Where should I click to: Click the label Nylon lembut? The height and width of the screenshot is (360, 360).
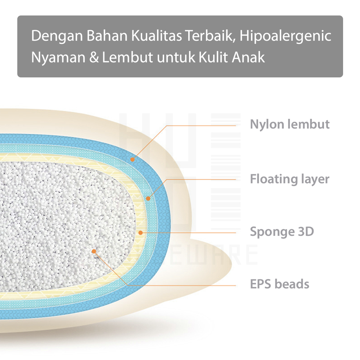coord(290,125)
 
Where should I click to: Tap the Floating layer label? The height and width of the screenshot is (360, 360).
coord(289,179)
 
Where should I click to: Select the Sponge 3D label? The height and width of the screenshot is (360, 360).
coord(282,231)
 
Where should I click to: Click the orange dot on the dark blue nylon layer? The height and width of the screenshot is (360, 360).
coord(132,159)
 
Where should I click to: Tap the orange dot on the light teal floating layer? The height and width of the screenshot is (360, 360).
coord(148,198)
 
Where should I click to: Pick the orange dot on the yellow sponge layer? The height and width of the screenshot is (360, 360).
coord(140,233)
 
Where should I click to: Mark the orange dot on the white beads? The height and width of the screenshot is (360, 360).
coord(94,251)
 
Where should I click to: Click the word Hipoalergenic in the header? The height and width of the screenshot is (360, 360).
coord(285,36)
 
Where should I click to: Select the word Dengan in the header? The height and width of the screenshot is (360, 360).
coord(57,36)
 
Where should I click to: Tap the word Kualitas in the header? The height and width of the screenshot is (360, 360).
coord(157,36)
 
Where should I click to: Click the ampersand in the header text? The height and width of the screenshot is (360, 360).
coord(94,57)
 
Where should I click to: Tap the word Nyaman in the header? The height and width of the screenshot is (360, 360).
coord(58,58)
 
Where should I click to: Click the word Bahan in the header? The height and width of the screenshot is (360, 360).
coord(107,36)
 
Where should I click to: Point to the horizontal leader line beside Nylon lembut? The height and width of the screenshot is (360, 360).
coord(201,126)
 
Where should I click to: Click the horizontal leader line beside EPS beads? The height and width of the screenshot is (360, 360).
coord(182,285)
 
